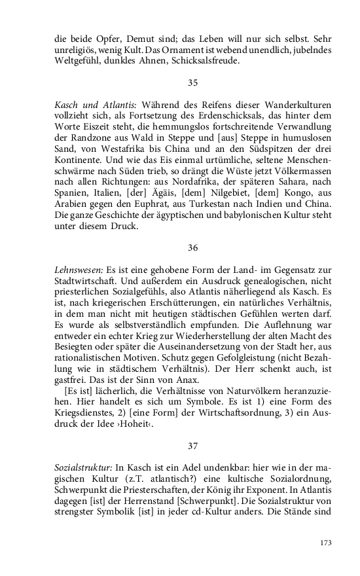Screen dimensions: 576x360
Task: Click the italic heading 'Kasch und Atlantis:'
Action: coord(90,105)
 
